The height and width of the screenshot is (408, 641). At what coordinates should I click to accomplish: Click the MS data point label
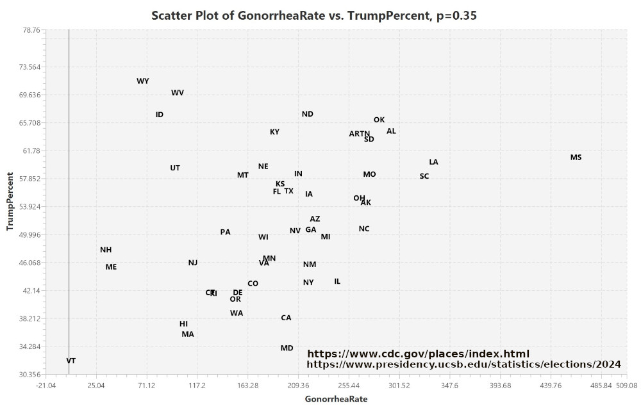pos(576,158)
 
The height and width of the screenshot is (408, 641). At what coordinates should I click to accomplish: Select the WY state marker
pos(143,81)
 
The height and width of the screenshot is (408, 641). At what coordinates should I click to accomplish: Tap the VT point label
pos(71,361)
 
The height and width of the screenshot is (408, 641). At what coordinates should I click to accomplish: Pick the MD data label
pos(287,348)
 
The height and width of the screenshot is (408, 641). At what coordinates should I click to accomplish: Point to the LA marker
pos(434,162)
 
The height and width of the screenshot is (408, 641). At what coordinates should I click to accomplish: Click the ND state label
pos(308,114)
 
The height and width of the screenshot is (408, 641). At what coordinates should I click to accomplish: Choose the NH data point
pos(106,250)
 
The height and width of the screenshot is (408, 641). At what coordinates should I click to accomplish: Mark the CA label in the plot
pos(286,318)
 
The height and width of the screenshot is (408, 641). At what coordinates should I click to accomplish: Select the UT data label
pos(175,168)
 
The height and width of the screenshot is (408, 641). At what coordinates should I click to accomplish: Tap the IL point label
pos(337,281)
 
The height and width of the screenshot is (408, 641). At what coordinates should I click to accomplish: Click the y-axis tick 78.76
pos(30,30)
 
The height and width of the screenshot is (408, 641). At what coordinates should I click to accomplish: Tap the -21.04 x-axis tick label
pos(46,386)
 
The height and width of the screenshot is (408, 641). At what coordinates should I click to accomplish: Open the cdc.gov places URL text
pos(419,354)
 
